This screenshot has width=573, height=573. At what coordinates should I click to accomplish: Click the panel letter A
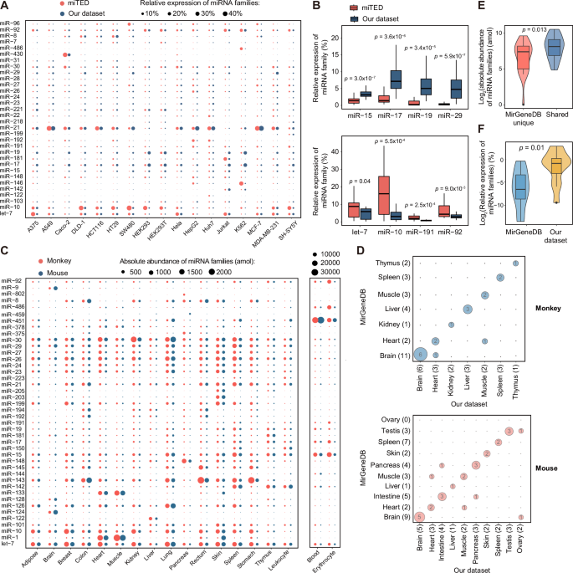(5, 6)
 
